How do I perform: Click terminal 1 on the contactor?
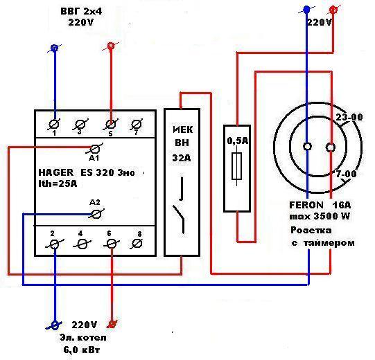[x=55, y=124]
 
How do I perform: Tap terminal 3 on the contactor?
[x=80, y=124]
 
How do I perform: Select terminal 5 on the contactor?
[x=110, y=124]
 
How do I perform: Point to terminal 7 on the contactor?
[x=137, y=124]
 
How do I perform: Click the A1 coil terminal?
[x=95, y=150]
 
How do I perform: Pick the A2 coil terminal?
[x=96, y=214]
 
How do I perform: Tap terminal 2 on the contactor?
[x=55, y=244]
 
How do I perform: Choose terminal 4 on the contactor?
[x=82, y=244]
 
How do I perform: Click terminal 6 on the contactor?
[x=111, y=244]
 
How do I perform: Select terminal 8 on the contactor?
[x=137, y=244]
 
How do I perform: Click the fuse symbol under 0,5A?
[x=237, y=165]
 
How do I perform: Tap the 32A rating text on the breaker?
[x=182, y=158]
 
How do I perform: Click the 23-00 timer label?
[x=349, y=117]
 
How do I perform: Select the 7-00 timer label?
[x=346, y=174]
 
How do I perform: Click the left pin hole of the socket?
[x=307, y=146]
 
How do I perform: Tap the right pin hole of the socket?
[x=330, y=147]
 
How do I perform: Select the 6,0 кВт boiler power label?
[x=82, y=350]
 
